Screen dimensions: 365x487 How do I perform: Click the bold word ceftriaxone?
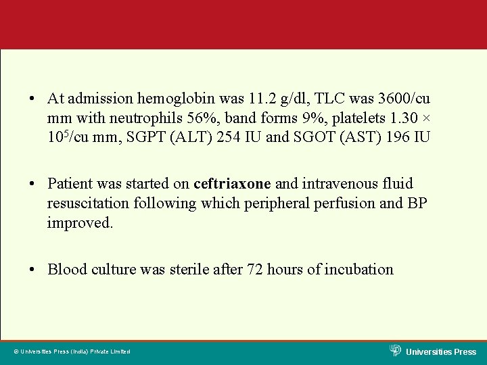(x=232, y=184)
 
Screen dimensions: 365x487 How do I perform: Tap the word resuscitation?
(x=89, y=203)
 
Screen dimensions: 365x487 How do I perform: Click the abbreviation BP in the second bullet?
(x=415, y=203)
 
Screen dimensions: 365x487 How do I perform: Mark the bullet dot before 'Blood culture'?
(x=32, y=270)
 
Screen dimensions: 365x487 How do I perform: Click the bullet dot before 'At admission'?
(x=32, y=99)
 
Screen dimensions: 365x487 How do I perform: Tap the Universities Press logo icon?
(x=396, y=350)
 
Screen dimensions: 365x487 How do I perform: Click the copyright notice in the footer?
(x=72, y=351)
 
